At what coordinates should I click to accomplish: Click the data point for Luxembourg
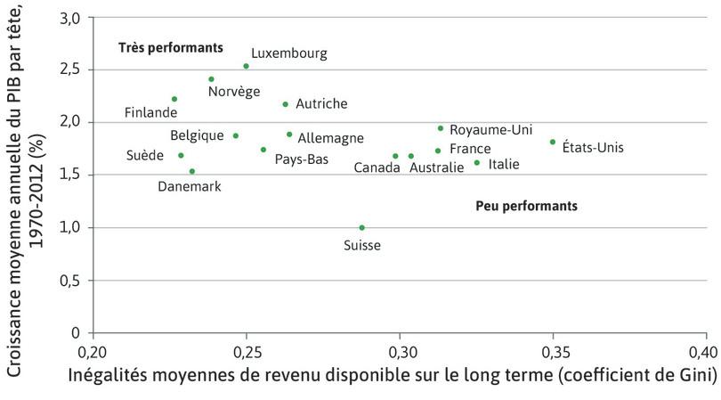pos(247,66)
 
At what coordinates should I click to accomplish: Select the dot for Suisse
pos(361,227)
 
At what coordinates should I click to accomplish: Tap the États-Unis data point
pos(553,142)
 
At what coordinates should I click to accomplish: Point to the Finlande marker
pos(174,99)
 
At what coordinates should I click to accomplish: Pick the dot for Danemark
pos(192,171)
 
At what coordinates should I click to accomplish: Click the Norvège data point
pos(212,79)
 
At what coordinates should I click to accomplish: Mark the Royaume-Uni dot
pos(441,128)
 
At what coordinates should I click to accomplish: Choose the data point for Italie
pos(477,162)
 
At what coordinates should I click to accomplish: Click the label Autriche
pos(320,104)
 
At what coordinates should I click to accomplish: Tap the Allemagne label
pos(330,138)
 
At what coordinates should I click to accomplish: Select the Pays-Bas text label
pos(301,159)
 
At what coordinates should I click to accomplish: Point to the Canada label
pos(377,167)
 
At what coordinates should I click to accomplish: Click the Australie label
pos(436,167)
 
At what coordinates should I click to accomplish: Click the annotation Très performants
pos(170,47)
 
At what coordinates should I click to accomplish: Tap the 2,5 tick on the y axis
pos(71,69)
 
